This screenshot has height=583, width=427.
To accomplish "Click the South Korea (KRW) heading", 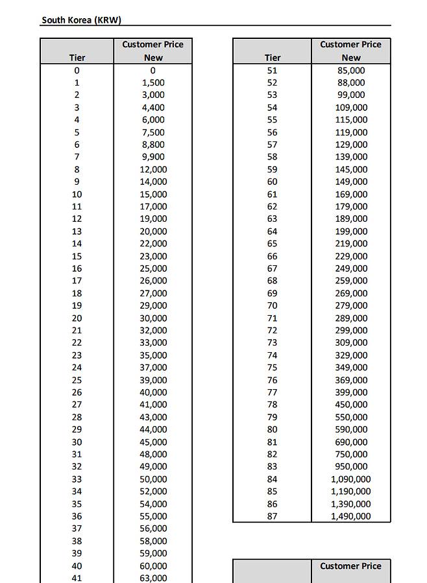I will (x=81, y=19).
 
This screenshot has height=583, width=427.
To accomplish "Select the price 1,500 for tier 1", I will (x=153, y=82).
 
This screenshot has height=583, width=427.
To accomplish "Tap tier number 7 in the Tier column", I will (x=77, y=156).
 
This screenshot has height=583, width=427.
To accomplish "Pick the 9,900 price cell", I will (x=153, y=156).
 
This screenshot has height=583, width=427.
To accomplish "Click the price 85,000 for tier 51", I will (x=351, y=70).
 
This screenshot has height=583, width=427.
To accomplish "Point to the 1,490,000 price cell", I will (x=351, y=516).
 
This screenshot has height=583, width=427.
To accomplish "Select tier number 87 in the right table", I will (x=272, y=516).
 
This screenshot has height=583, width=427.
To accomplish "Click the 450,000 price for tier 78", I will (x=351, y=405).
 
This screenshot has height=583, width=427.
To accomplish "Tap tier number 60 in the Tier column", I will (x=272, y=182).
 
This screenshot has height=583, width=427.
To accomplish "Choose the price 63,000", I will (x=153, y=578).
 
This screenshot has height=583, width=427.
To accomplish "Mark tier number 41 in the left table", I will (x=77, y=578).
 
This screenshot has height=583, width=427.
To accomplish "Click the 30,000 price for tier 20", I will (x=153, y=318).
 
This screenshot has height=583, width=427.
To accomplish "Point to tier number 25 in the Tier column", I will (x=77, y=380).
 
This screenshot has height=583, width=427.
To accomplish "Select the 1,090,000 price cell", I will (x=351, y=479).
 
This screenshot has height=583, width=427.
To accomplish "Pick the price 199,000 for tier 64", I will (x=351, y=231).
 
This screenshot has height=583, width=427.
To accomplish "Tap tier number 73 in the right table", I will (x=272, y=342).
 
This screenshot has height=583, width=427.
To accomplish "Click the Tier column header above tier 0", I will (x=77, y=57).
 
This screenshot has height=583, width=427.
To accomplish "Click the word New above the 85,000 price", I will (x=351, y=57).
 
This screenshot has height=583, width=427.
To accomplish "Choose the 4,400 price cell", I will (x=153, y=107).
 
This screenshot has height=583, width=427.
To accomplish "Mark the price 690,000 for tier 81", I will (x=351, y=442).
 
